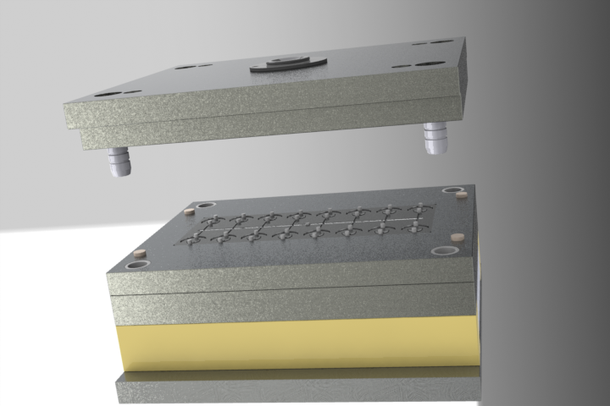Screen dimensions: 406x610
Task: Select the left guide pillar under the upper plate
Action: pyautogui.click(x=118, y=161)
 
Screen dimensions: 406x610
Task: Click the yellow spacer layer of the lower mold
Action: pyautogui.click(x=297, y=343)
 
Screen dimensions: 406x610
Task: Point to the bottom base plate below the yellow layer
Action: pyautogui.click(x=297, y=387)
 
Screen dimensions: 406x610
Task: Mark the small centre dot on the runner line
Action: pyautogui.click(x=307, y=223)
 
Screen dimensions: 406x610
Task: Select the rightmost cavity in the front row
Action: pyautogui.click(x=414, y=228)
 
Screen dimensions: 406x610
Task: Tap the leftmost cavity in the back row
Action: pyautogui.click(x=213, y=219)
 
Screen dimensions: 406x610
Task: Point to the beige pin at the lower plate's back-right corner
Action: pyautogui.click(x=462, y=194)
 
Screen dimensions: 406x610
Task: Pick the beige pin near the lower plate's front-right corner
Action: pyautogui.click(x=456, y=239)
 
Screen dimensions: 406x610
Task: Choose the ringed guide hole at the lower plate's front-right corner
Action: pyautogui.click(x=446, y=251)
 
